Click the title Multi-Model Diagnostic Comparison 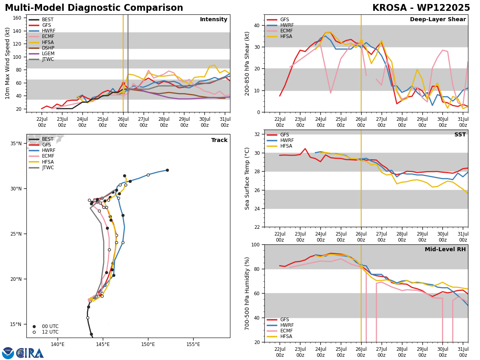pyautogui.click(x=94, y=8)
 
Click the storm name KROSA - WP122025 pyautogui.click(x=421, y=8)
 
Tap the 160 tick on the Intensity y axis pyautogui.click(x=17, y=18)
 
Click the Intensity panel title pyautogui.click(x=214, y=20)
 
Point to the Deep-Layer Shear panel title pyautogui.click(x=438, y=20)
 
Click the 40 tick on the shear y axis pyautogui.click(x=256, y=26)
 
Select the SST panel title pyautogui.click(x=460, y=135)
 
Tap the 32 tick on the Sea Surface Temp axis pyautogui.click(x=257, y=134)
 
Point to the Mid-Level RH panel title pyautogui.click(x=445, y=249)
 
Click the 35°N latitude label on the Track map pyautogui.click(x=16, y=144)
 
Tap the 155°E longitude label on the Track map pyautogui.click(x=193, y=344)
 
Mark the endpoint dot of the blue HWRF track pyautogui.click(x=167, y=170)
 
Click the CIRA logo pyautogui.click(x=23, y=353)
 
